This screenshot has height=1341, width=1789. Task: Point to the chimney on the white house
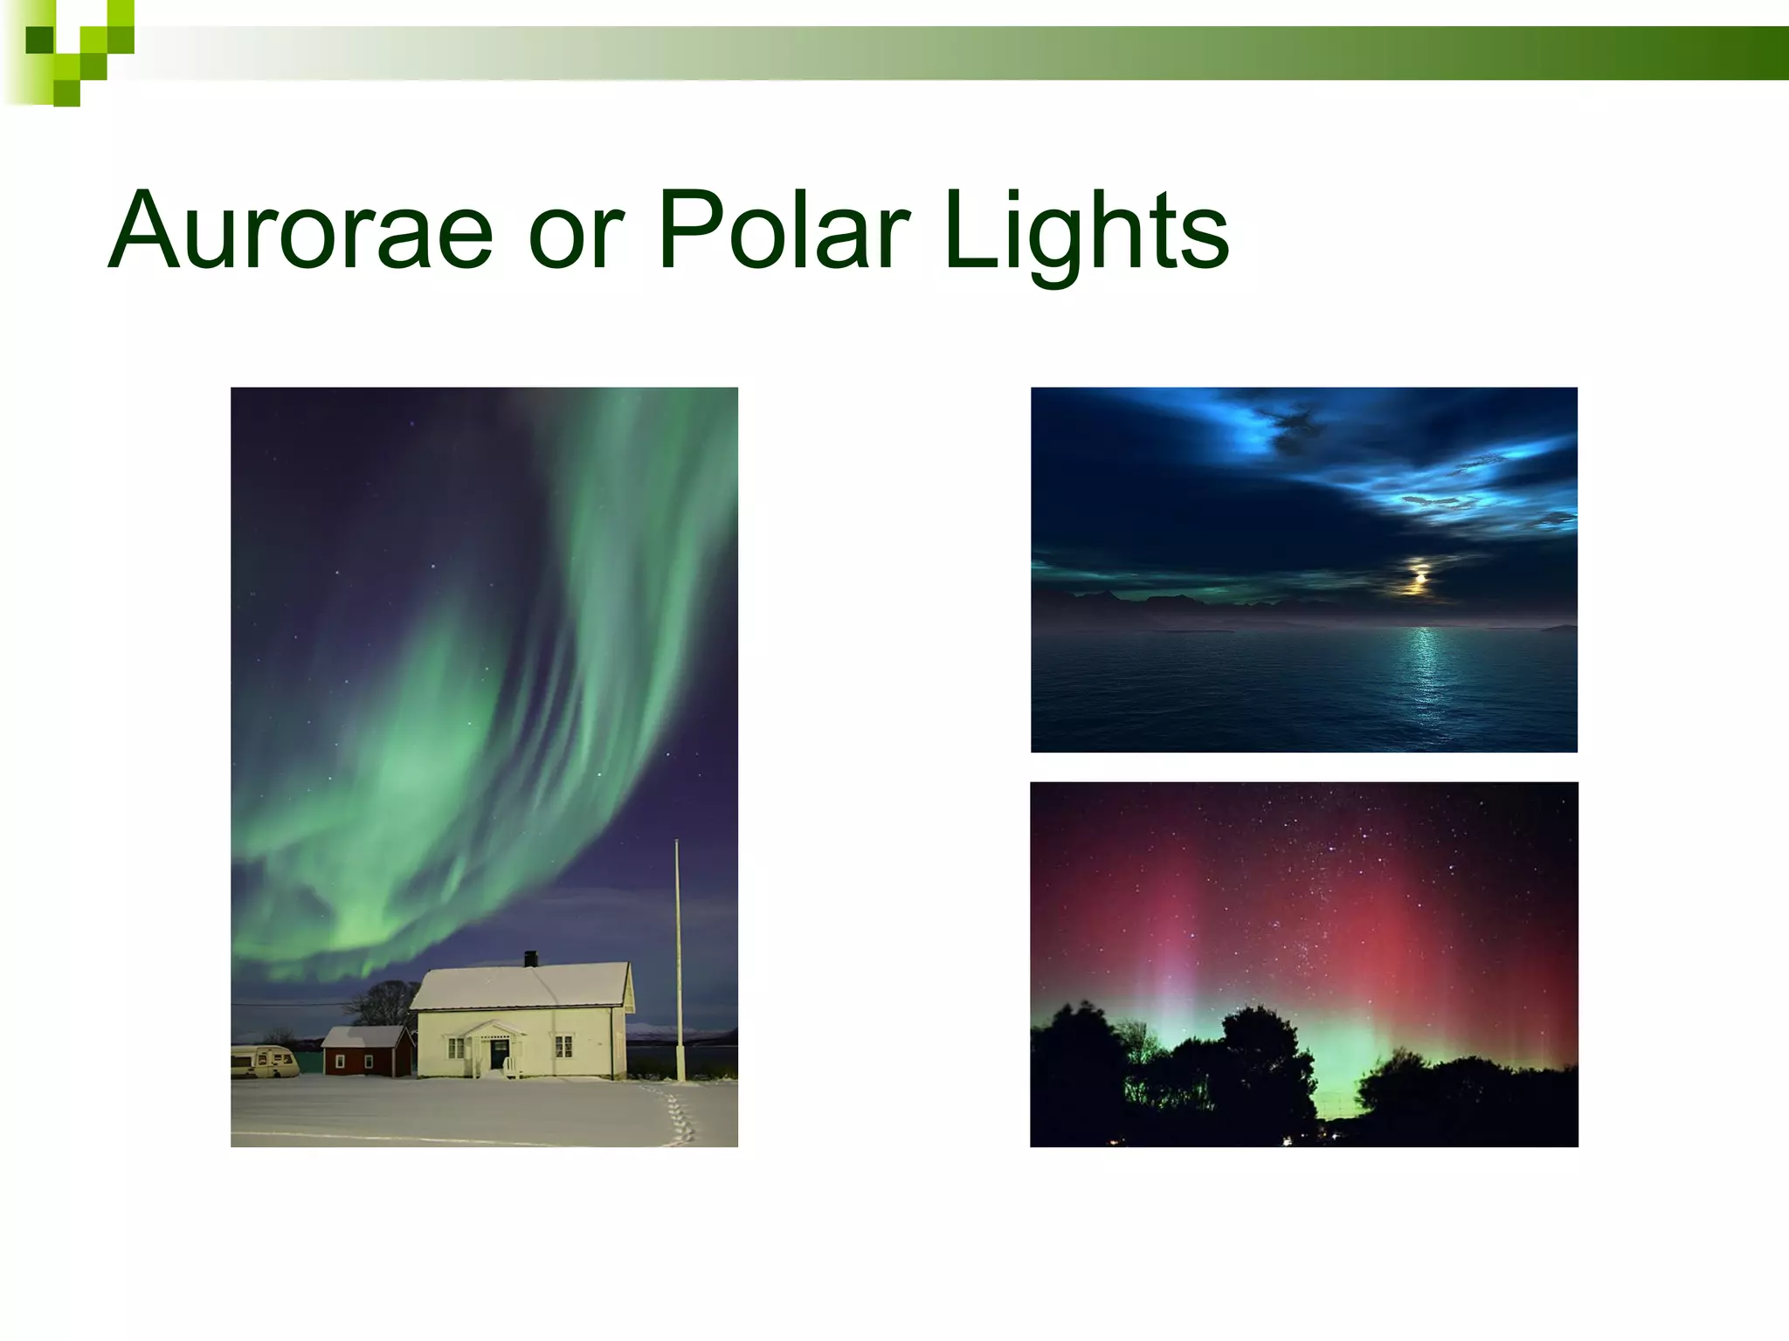530,959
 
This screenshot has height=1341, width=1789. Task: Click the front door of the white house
499,1052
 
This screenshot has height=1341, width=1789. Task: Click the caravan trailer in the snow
265,1061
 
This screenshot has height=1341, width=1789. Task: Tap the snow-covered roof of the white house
524,987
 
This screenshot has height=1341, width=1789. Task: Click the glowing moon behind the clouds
1419,578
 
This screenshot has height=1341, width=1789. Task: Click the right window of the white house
563,1045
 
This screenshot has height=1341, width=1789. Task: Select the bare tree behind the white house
382,1002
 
